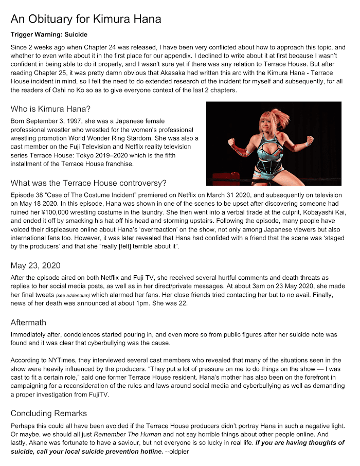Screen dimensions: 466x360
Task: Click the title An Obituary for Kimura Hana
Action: (86, 20)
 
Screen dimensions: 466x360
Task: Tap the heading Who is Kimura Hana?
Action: (51, 109)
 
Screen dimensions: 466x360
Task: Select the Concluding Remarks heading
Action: (49, 414)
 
